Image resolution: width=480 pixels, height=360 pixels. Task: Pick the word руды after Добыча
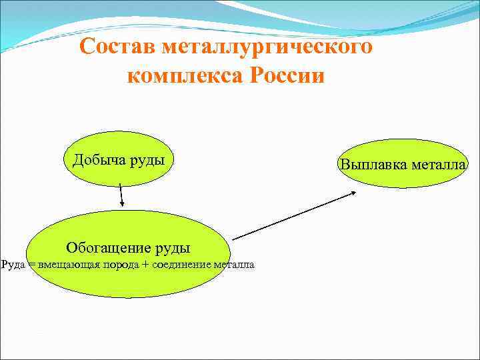point(147,160)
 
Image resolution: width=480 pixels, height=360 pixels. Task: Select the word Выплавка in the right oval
point(371,164)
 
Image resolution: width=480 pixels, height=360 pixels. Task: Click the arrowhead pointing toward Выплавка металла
point(353,193)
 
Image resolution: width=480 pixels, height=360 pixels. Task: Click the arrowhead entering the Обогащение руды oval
point(122,205)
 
